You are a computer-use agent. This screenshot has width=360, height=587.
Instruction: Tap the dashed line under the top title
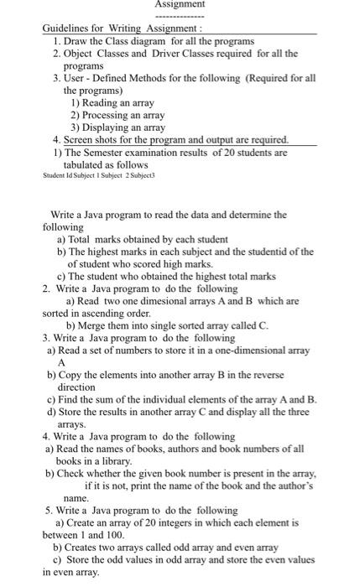(x=180, y=15)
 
